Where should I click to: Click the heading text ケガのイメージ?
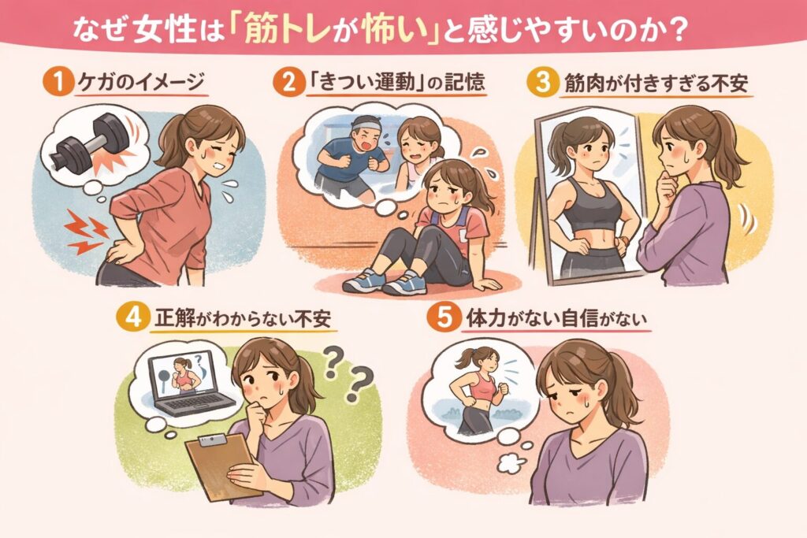pyautogui.click(x=140, y=83)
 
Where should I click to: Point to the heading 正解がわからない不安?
pyautogui.click(x=242, y=319)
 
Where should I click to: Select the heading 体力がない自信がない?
pyautogui.click(x=556, y=319)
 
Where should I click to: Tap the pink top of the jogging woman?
pyautogui.click(x=482, y=386)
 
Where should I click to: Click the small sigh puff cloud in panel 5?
pyautogui.click(x=512, y=463)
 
